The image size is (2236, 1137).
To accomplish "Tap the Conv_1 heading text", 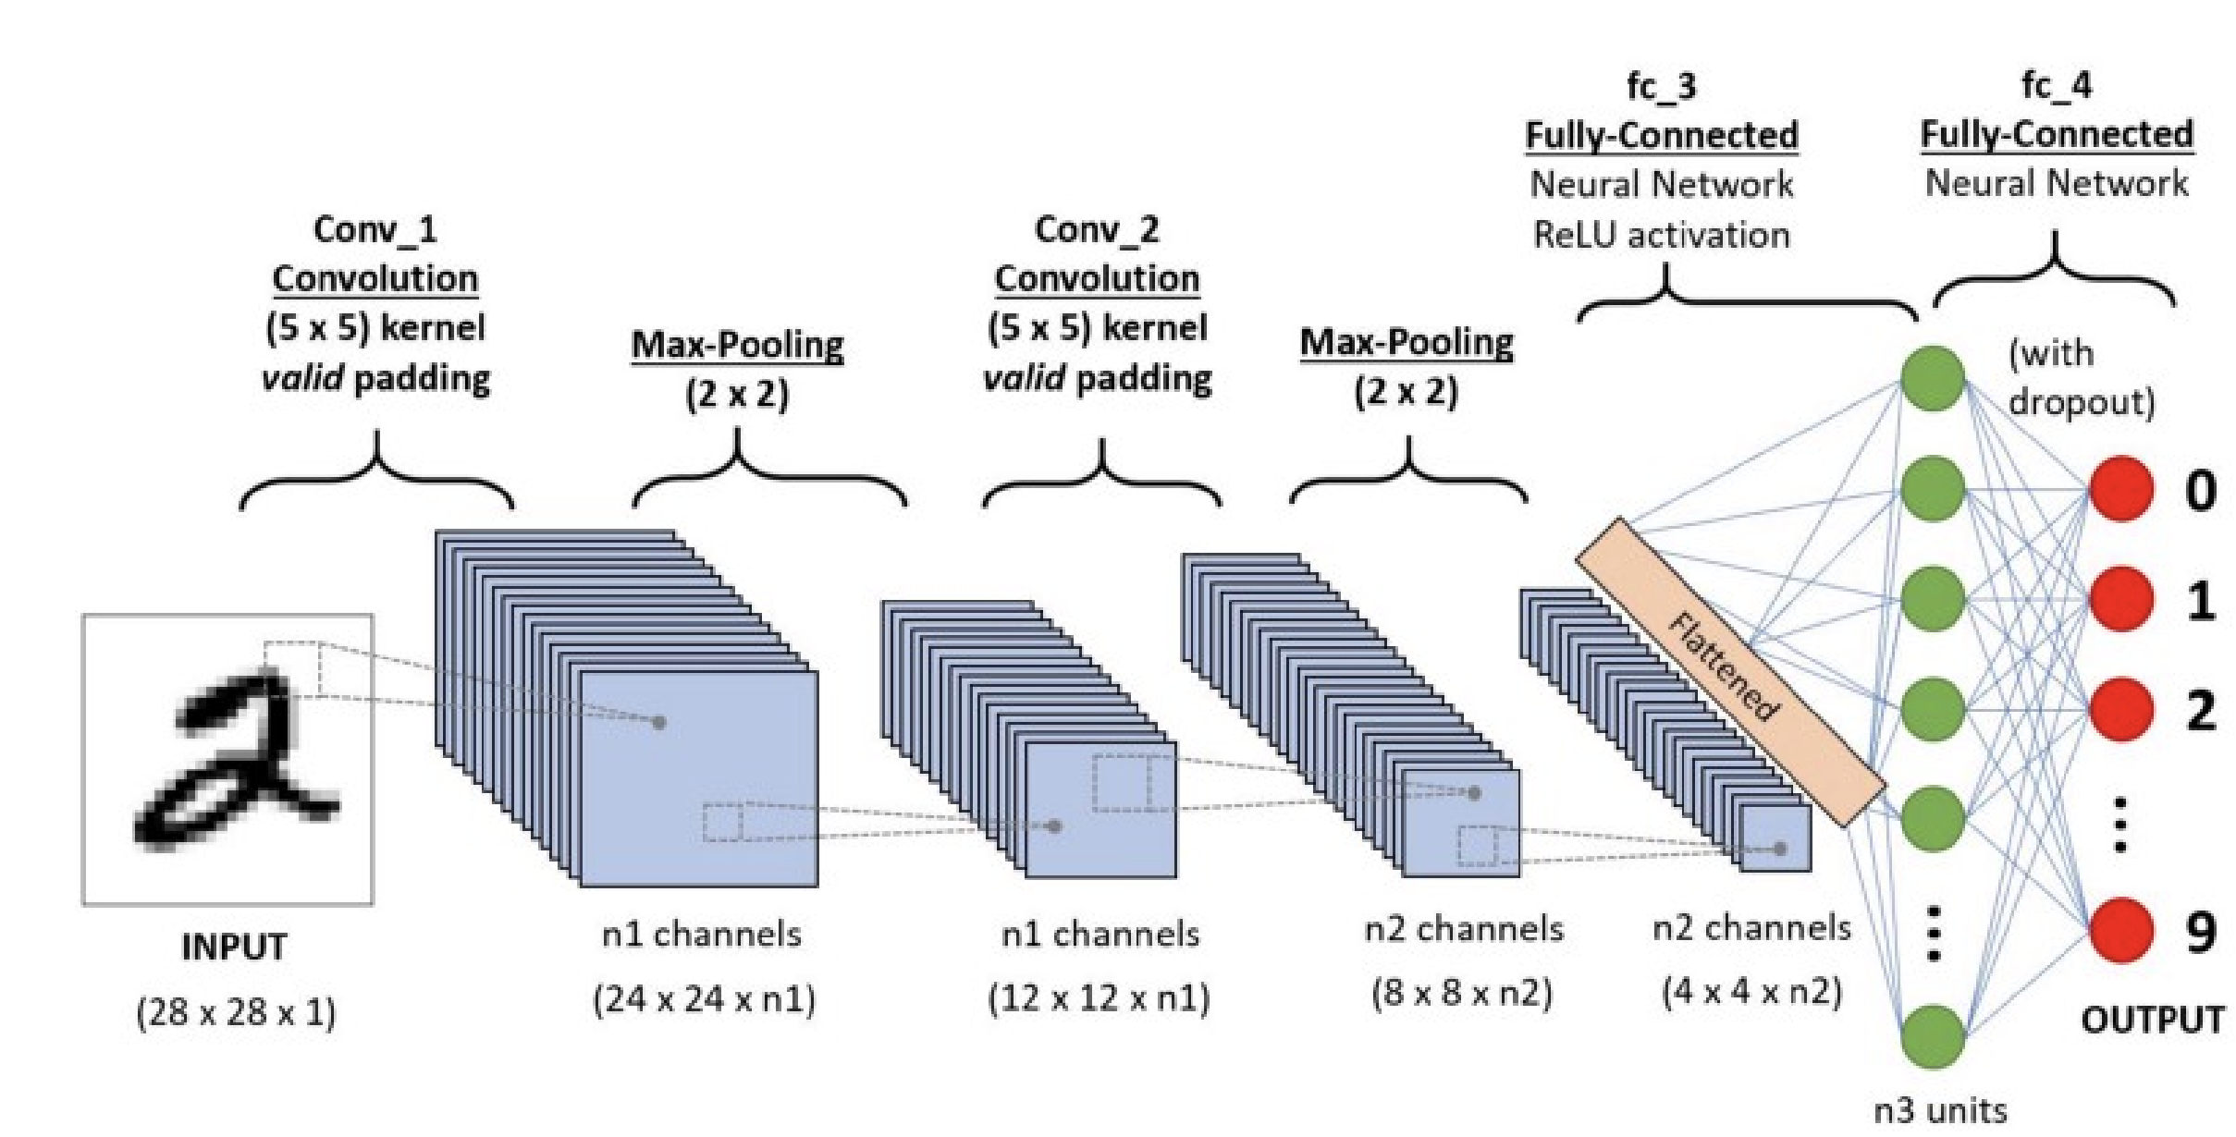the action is [x=375, y=229].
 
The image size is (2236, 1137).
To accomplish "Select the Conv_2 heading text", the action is [x=1097, y=229].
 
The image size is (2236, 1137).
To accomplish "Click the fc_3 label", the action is [x=1662, y=86].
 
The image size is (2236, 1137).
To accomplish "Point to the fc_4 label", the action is [x=2057, y=85].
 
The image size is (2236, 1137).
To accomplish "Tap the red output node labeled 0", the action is [x=2121, y=488].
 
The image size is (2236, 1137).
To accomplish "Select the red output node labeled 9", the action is [x=2121, y=930].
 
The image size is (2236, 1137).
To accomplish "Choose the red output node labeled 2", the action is [x=2121, y=709].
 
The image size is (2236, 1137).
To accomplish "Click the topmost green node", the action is [x=1933, y=377].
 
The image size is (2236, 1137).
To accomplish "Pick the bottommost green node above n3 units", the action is [x=1933, y=1036].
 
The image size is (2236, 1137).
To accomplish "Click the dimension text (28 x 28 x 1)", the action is [x=236, y=1013].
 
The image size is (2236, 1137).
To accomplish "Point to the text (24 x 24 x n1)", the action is [x=704, y=999].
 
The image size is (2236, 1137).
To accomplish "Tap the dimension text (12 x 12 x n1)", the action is [x=1099, y=998].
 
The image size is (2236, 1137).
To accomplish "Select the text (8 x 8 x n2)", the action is [x=1462, y=994].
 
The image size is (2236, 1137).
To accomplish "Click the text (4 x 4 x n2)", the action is [x=1752, y=992].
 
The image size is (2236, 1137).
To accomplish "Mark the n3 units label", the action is [x=1940, y=1109].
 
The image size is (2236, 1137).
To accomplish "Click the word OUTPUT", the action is [x=2153, y=1020].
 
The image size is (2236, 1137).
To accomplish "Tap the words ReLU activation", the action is [x=1662, y=235].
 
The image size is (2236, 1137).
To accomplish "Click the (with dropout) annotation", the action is [x=2081, y=377].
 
